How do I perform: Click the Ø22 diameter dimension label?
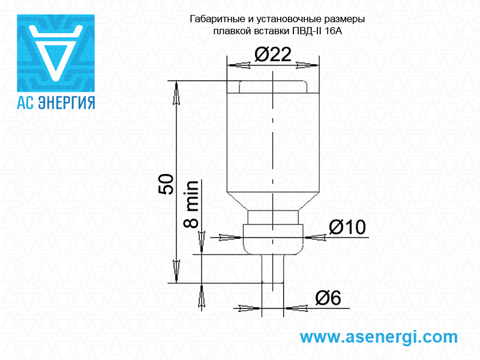click(273, 55)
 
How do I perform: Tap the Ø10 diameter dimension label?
click(347, 227)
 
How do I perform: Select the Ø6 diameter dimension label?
click(328, 298)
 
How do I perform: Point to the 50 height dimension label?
click(166, 184)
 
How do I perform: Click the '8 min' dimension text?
click(191, 204)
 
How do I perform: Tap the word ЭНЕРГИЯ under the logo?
click(67, 103)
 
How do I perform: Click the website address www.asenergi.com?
click(379, 337)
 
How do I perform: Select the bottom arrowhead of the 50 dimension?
click(176, 271)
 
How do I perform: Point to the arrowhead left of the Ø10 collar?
click(230, 237)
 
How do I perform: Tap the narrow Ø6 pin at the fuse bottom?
click(273, 269)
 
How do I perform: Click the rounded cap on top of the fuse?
click(273, 86)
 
